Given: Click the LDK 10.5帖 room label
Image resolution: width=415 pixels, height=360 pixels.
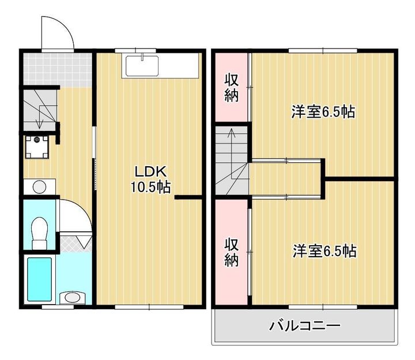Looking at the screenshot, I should pyautogui.click(x=151, y=179).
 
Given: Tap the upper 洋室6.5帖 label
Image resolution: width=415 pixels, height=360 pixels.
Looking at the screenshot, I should pyautogui.click(x=322, y=112).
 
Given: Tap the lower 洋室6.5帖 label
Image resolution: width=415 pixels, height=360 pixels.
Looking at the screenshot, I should pyautogui.click(x=324, y=251).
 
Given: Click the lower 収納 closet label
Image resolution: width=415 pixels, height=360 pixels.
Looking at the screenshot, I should pyautogui.click(x=232, y=253).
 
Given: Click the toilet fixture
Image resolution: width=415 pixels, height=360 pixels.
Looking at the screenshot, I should pyautogui.click(x=40, y=232).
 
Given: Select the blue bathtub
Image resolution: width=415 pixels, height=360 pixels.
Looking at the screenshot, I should pyautogui.click(x=40, y=279).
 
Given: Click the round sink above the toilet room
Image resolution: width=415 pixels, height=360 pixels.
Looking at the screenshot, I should pyautogui.click(x=39, y=187).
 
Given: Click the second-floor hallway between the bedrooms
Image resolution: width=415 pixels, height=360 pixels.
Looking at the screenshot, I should pyautogui.click(x=286, y=179).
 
